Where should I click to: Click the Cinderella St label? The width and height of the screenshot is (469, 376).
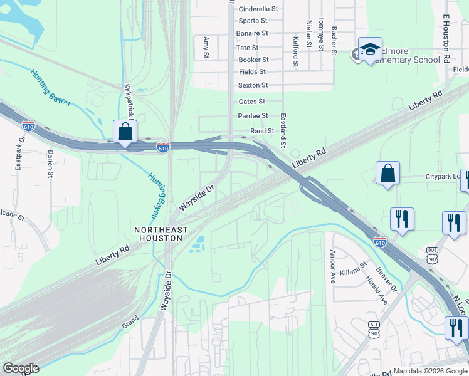tap(258, 9)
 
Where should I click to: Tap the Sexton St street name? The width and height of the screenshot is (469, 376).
tap(253, 85)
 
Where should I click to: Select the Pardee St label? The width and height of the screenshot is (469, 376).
tap(253, 116)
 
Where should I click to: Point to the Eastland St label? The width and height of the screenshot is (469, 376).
tap(283, 130)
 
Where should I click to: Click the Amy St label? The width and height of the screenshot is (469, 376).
tap(206, 47)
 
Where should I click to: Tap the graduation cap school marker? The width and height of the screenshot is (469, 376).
tap(370, 50)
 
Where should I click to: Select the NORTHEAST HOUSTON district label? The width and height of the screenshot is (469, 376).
tap(161, 234)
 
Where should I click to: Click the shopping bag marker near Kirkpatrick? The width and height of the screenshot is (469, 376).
tap(125, 132)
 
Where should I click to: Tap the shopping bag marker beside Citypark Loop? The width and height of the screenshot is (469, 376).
tap(388, 174)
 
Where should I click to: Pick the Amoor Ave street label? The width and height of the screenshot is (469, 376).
tap(332, 266)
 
